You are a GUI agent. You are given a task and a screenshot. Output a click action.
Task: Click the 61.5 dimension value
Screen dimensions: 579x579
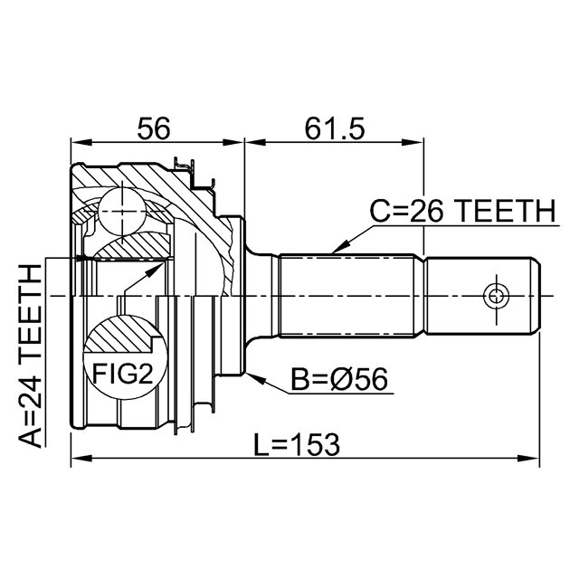(x=334, y=129)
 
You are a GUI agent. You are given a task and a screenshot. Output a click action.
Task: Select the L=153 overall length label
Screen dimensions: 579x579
(x=297, y=442)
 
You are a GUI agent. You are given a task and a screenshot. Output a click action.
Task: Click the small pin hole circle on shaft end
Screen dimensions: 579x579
(x=494, y=295)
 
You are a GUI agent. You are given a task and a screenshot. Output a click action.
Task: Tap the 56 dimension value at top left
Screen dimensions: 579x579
(x=154, y=129)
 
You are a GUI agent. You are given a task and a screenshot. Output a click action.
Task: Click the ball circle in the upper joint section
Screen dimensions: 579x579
(x=121, y=212)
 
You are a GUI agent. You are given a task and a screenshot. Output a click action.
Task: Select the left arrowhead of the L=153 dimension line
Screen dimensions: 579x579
(x=77, y=460)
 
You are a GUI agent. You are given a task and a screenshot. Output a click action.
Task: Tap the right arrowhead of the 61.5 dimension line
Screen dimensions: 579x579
(x=419, y=142)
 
